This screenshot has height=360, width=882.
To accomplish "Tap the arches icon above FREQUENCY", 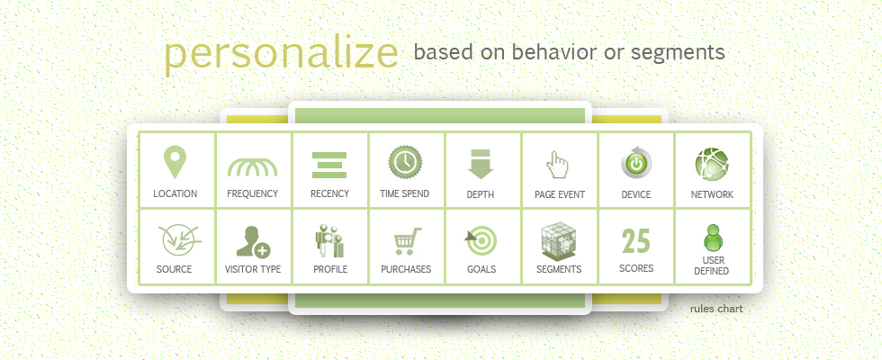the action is pos(253,167).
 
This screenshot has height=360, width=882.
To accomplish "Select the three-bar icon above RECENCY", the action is pos(329,166).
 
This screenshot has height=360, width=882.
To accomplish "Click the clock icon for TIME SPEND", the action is pos(406,162).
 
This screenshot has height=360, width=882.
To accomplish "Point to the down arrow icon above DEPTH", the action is pos(481,164).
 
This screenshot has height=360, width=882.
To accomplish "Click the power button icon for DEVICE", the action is pos(636,163).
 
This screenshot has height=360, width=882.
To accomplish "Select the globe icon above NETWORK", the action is pos(712,165).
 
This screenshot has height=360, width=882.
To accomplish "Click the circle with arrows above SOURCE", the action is pos(178,240).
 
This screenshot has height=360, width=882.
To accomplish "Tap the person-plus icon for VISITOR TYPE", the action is pos(253,242).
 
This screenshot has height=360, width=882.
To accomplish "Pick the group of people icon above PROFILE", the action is pos(329,241).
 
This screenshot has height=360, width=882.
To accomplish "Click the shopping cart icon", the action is pos(407,241).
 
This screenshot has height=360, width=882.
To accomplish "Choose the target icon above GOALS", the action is pos(481,241).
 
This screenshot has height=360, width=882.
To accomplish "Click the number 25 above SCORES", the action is pos(636,241).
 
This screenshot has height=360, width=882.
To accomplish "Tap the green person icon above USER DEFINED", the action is pos(713,238).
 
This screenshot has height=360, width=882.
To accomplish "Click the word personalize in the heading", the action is pos(281,55).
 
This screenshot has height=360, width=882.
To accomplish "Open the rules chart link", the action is pos(716,309).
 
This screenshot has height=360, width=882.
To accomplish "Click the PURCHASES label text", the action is pos(406,269).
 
